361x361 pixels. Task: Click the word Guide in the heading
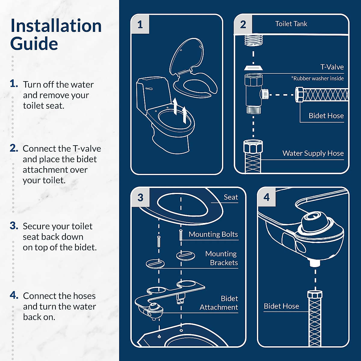34,44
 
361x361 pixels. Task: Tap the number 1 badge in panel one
140,25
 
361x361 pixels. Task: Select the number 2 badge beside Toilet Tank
243,25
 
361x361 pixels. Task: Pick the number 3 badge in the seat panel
140,197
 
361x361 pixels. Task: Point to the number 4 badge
267,197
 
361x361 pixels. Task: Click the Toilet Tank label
291,24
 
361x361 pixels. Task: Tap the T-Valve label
332,67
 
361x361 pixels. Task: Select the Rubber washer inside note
318,78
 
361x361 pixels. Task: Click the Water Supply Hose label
313,153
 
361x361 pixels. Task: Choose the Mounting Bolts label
213,234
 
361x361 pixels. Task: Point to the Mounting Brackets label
221,258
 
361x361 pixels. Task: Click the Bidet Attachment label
219,303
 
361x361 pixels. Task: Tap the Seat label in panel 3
231,197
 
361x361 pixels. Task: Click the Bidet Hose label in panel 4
281,306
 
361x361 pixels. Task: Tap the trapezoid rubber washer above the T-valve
253,68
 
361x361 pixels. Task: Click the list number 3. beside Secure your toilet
14,226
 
